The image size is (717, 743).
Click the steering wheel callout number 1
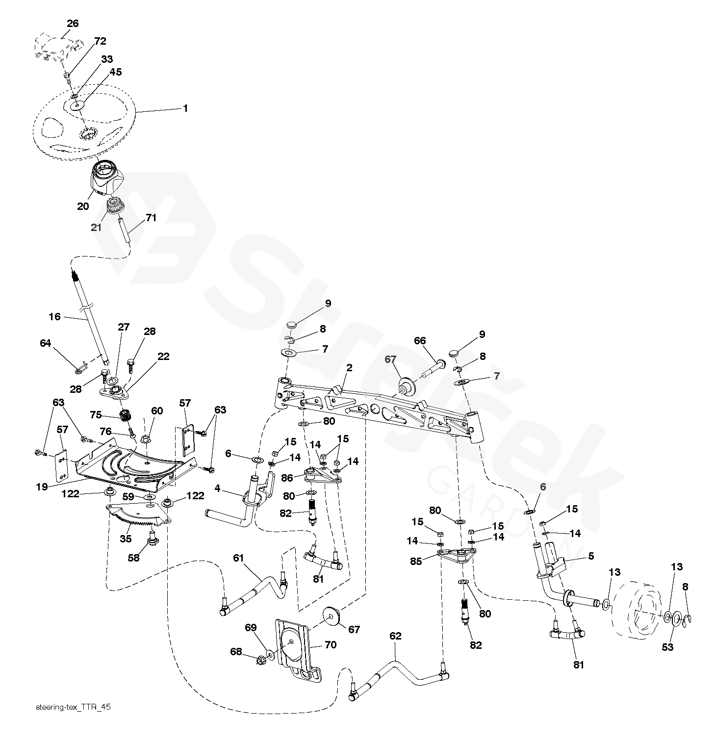click(185, 108)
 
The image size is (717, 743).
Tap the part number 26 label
click(73, 24)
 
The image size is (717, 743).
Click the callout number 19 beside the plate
click(42, 487)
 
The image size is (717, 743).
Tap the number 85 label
click(416, 561)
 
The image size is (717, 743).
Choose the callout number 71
click(151, 217)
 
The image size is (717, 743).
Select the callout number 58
click(133, 558)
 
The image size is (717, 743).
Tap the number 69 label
click(250, 627)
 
